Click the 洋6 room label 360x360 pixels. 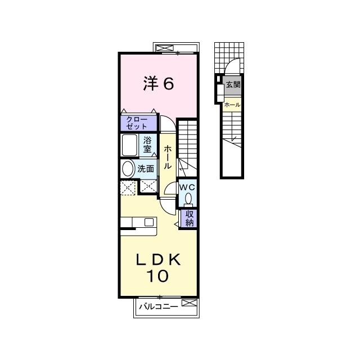(x=159, y=83)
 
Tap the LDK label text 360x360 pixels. (x=159, y=260)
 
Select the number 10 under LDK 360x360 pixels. (x=157, y=276)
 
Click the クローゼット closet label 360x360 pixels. (x=137, y=123)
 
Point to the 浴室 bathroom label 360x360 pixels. (x=147, y=145)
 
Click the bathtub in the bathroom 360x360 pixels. (x=130, y=145)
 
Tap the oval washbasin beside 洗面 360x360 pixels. (x=128, y=169)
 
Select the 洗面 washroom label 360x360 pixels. (x=146, y=169)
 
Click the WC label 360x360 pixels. (x=187, y=187)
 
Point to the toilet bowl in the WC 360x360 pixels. (x=188, y=199)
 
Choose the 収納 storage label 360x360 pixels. (x=190, y=218)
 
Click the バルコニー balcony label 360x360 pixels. (x=159, y=307)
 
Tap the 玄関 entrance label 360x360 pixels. (x=233, y=84)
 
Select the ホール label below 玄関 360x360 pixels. (x=232, y=105)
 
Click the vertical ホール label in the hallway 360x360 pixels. (x=168, y=157)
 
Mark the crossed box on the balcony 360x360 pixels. (x=190, y=303)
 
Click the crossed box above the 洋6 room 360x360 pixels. (x=165, y=48)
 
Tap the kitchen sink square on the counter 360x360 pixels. (x=148, y=222)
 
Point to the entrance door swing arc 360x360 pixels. (x=231, y=62)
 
